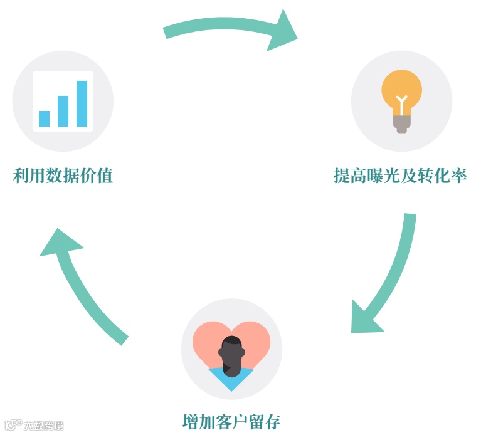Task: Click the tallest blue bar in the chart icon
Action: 82,103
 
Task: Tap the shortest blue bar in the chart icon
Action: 44,118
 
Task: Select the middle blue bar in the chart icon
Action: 63,111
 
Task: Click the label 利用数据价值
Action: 63,176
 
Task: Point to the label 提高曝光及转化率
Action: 400,176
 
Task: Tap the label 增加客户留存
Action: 231,421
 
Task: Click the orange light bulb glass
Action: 402,89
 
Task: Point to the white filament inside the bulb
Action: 401,100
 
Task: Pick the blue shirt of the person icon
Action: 231,379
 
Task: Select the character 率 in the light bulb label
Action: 459,176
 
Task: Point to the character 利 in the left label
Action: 21,176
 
